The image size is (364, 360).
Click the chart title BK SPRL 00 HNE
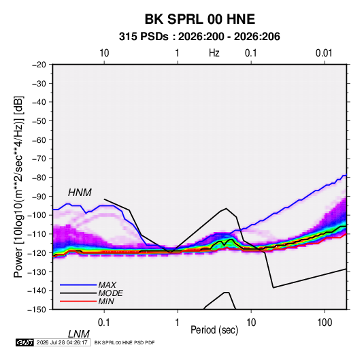point(200,19)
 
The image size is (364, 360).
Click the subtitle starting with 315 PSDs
point(199,37)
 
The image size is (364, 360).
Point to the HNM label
point(80,193)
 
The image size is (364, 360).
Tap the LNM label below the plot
point(79,334)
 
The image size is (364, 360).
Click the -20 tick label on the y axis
point(39,65)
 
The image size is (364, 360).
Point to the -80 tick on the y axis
point(39,178)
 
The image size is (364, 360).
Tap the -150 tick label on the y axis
point(37,310)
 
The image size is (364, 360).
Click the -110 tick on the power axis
point(37,234)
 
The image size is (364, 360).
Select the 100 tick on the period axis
point(325,323)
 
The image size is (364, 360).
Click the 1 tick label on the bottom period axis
point(178,323)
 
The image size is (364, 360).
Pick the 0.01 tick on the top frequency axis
point(324,53)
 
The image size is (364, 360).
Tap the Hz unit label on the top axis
point(214,53)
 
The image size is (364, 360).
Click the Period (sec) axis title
point(214,330)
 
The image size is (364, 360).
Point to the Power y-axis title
point(18,186)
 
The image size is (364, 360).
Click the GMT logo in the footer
point(25,342)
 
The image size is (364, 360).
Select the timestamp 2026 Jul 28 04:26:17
point(62,342)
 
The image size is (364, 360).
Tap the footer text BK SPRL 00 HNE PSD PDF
point(125,342)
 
